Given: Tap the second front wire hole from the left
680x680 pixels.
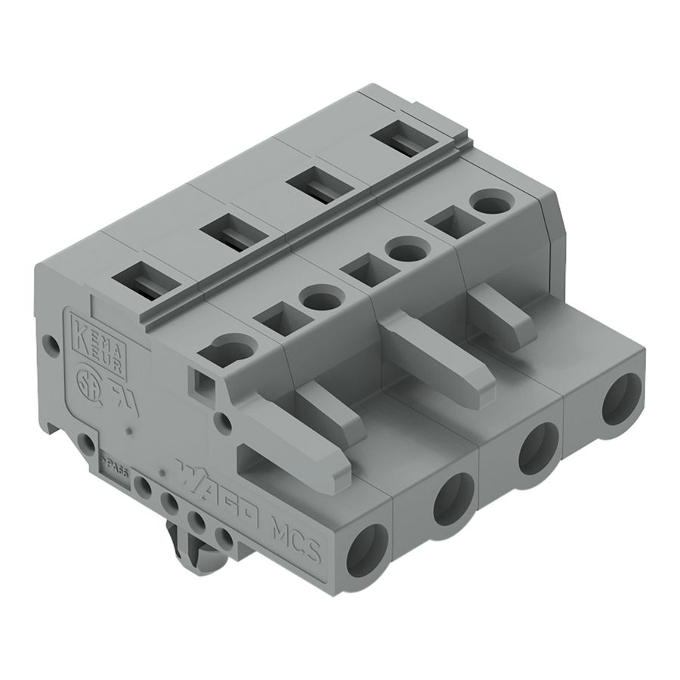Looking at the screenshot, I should [x=453, y=499].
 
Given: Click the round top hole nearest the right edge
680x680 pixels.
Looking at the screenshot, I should [x=490, y=203].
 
